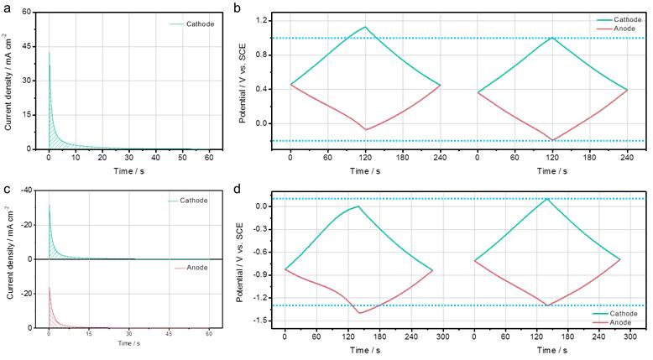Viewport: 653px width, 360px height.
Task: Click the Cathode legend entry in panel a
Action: [199, 23]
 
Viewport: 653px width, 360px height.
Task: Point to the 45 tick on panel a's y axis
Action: [27, 47]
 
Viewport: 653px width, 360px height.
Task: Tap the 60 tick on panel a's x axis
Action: [209, 157]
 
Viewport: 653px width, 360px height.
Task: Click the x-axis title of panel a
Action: [128, 170]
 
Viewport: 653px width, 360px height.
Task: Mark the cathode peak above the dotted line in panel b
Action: [365, 27]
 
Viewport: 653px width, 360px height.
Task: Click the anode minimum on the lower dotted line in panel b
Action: [552, 139]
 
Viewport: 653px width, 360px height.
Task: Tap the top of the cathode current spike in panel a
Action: [50, 52]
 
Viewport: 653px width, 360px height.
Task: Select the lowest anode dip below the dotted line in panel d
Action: [359, 313]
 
